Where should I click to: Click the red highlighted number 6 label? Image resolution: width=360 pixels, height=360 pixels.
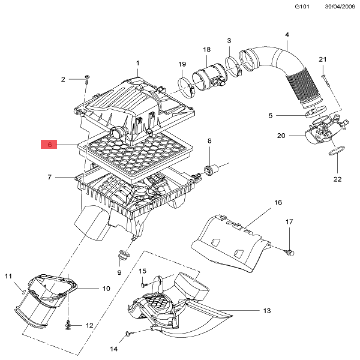(x=50, y=145)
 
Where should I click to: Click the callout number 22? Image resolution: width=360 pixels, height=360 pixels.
(x=337, y=179)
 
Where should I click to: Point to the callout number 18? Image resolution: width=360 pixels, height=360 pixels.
(x=206, y=49)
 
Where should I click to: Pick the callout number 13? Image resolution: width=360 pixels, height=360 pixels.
(x=267, y=311)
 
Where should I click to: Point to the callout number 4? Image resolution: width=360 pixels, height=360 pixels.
(x=287, y=35)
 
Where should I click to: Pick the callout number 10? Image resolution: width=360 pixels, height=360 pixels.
(x=106, y=289)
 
